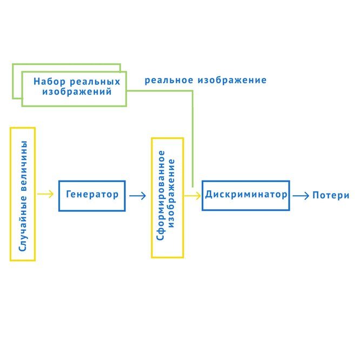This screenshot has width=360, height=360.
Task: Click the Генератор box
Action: point(92,196)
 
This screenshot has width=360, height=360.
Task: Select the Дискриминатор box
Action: point(245,196)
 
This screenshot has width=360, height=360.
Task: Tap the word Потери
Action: point(331,196)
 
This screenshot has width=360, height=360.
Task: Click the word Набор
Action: point(49,82)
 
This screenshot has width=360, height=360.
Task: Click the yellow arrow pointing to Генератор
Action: point(46,195)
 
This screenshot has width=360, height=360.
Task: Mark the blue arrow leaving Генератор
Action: point(138,196)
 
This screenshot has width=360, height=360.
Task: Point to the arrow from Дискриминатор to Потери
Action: point(300,196)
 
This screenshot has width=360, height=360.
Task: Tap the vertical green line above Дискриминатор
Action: point(192,141)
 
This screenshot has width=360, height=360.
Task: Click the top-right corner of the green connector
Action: point(192,91)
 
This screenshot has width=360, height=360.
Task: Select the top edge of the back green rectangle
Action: point(65,65)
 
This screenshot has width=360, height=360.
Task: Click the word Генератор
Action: point(92,194)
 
